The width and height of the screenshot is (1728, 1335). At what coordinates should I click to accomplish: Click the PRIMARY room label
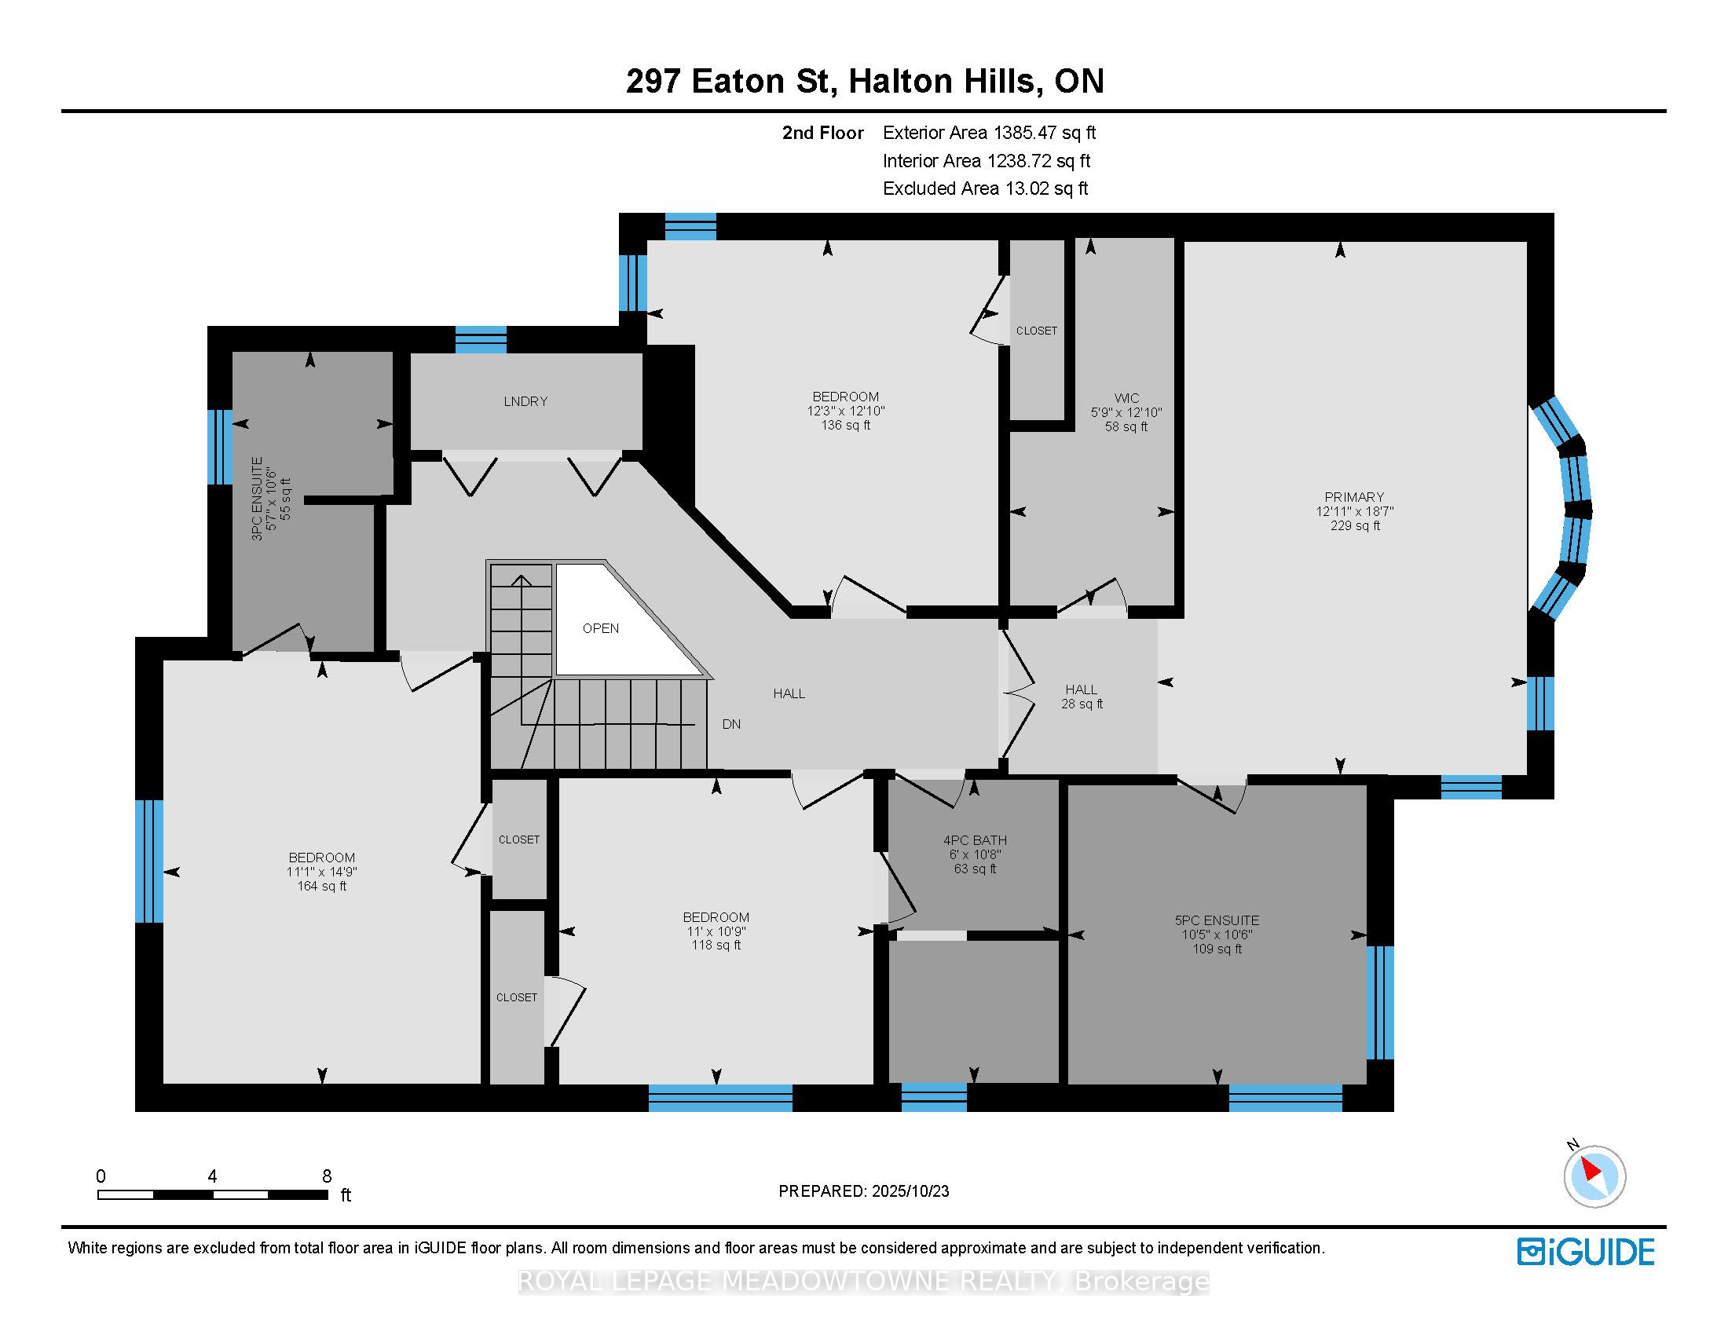pos(1354,496)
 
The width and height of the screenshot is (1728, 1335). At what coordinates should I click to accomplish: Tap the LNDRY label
pos(525,401)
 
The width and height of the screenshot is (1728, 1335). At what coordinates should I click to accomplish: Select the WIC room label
pos(1126,398)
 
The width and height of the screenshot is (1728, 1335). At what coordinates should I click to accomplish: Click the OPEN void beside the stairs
pos(601,628)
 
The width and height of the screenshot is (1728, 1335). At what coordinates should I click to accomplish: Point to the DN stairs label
pos(731,724)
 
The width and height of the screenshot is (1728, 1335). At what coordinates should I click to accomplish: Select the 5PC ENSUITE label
pos(1217,920)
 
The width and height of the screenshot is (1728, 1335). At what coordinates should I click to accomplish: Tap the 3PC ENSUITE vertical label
pos(256,498)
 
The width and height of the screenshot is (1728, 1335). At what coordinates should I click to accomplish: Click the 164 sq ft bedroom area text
pos(321,886)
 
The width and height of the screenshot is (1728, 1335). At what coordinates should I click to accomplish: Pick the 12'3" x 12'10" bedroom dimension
pos(845,411)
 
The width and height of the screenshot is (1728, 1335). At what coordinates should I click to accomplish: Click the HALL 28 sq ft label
pos(1081,696)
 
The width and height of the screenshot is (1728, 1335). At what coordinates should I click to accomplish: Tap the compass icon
pos(1594,1176)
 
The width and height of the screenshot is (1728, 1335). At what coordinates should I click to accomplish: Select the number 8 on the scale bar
pos(327,1176)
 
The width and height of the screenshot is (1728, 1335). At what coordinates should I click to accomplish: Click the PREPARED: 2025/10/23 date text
pos(863,1191)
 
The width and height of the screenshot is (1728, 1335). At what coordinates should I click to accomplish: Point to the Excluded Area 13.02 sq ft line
pos(985,188)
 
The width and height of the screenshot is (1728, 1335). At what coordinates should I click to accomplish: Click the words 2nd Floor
pos(822,133)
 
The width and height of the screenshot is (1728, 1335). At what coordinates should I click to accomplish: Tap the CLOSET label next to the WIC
pos(1036,331)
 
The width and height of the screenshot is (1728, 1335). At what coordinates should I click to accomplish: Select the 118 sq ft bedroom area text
pos(716,944)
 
